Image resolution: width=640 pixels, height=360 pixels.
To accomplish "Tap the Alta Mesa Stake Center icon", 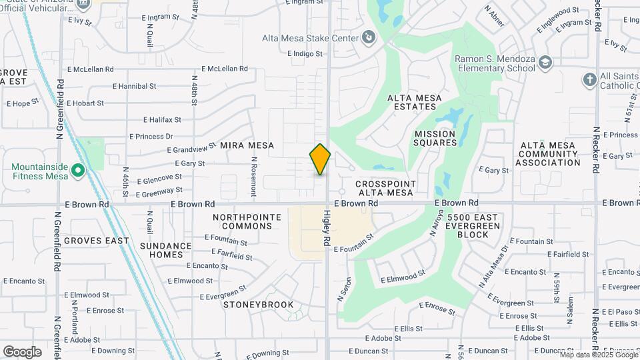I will [369, 39].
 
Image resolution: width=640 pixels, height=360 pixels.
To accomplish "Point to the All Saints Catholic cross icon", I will [589, 80].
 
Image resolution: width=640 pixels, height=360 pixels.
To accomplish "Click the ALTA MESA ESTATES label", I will [415, 102].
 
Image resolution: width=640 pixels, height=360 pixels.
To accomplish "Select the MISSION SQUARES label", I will [435, 138].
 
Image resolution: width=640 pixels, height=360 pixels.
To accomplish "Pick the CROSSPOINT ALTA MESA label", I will [386, 188].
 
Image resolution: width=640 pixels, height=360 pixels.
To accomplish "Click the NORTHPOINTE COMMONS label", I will [243, 221].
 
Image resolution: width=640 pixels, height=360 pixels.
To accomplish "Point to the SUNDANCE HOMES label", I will [166, 250].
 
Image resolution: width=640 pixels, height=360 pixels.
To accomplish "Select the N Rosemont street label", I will [254, 177].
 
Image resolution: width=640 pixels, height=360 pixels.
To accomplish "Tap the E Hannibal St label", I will [134, 86].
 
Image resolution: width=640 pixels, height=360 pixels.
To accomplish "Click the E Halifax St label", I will [162, 120].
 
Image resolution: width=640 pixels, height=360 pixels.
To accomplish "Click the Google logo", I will [22, 352].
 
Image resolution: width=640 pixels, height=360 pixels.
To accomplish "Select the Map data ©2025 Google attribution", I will [599, 355].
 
